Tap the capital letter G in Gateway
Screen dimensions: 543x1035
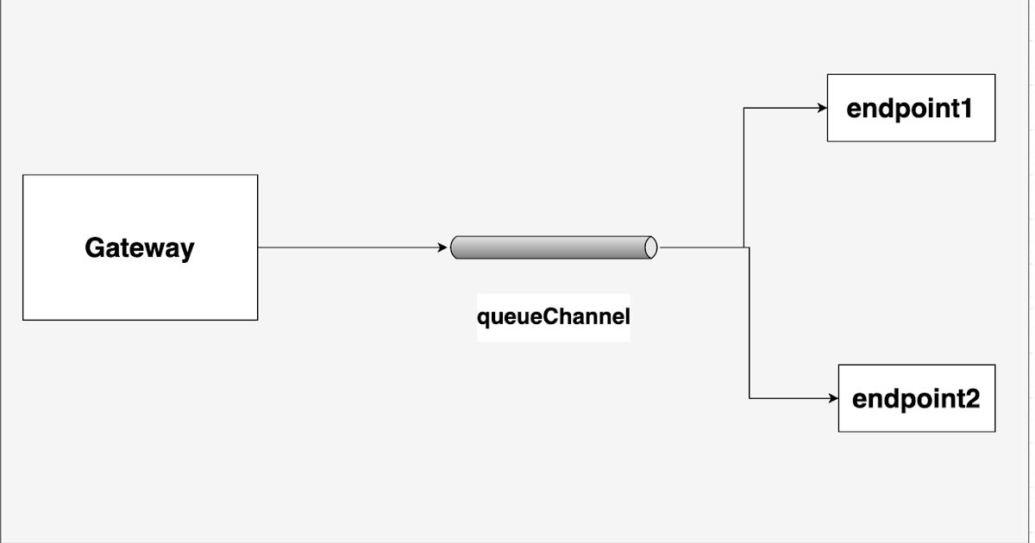(x=95, y=248)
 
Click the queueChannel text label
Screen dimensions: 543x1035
(x=554, y=317)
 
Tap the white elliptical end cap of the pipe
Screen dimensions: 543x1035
(x=651, y=247)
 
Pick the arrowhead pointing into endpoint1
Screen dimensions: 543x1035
(x=821, y=108)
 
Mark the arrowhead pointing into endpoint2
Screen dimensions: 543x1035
(x=832, y=398)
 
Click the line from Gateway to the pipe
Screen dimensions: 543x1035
(x=345, y=247)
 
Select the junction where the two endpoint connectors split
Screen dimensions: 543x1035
(x=745, y=247)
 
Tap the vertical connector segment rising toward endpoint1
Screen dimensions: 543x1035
(x=743, y=177)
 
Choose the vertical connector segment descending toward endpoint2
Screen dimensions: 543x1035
(x=749, y=323)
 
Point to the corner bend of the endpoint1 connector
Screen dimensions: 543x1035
(x=743, y=108)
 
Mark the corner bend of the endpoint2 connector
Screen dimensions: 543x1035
(x=749, y=398)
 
